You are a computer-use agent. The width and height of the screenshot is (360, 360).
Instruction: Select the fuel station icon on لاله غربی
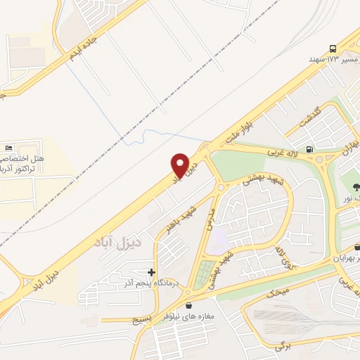pos(310,149)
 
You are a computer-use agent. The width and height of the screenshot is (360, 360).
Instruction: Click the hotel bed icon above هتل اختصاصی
pos(8,148)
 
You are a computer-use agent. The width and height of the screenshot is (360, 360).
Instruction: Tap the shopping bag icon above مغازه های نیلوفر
pos(190,306)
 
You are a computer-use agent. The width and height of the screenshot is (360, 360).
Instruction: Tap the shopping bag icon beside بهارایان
pos(358,247)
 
